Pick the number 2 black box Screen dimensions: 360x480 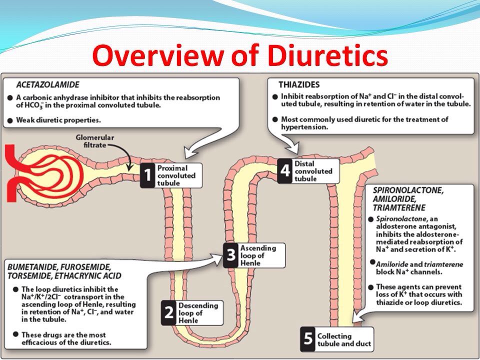[169, 312]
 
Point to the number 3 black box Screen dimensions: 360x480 [230, 255]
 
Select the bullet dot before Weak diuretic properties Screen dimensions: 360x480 [9, 119]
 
